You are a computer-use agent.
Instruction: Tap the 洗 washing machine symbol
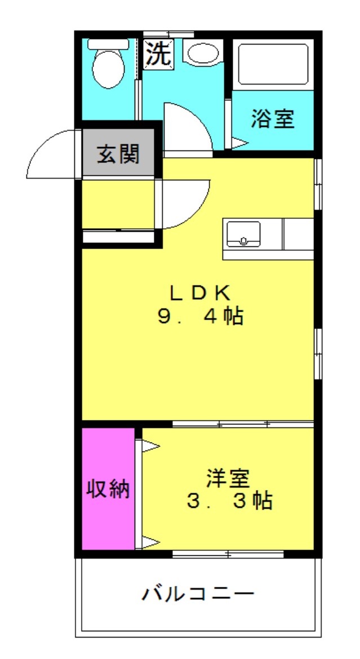point(158,54)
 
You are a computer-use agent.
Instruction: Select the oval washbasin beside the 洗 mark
point(203,54)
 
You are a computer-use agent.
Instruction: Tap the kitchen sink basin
point(243,233)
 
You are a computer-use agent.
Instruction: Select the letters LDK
point(201,292)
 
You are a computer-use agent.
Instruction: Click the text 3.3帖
point(229,501)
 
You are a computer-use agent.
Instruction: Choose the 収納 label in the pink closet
point(108,489)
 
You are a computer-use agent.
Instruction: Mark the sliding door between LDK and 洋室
point(242,423)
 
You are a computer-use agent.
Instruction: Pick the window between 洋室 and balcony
point(228,555)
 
